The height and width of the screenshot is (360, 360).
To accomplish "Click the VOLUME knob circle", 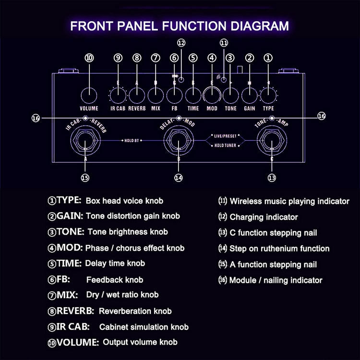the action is pos(89,96).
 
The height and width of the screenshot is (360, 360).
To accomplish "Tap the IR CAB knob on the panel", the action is pos(118,96).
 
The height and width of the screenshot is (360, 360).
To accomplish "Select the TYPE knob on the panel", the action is pos(268,96).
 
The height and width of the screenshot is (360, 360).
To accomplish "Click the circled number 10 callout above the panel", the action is pos(89,58).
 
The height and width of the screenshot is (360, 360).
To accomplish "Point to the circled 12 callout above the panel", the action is pos(181,43).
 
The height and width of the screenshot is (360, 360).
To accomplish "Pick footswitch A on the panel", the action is pos(85,141).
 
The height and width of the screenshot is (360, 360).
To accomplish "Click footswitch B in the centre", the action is pos(179,141).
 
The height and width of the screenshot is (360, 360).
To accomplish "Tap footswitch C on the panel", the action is pos(272,141).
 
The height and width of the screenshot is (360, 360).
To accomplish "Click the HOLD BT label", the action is pos(132,141).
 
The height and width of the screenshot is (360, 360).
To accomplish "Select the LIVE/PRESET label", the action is pos(225,136).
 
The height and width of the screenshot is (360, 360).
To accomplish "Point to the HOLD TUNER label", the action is pos(225,145).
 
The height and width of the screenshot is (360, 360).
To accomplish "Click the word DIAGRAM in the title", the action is pos(259,26).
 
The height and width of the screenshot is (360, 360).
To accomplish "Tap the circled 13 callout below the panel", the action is pos(272,178).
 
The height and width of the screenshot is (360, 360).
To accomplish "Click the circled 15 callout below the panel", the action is pos(85,178).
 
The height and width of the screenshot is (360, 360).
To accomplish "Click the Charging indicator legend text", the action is pos(264,217).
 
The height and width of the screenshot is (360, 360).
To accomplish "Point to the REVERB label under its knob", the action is pos(137,108).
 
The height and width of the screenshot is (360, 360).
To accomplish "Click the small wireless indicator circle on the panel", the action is pos(223,80).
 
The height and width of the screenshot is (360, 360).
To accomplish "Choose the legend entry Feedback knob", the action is pos(115,280).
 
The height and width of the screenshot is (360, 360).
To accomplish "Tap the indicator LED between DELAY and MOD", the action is pos(179,118).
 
